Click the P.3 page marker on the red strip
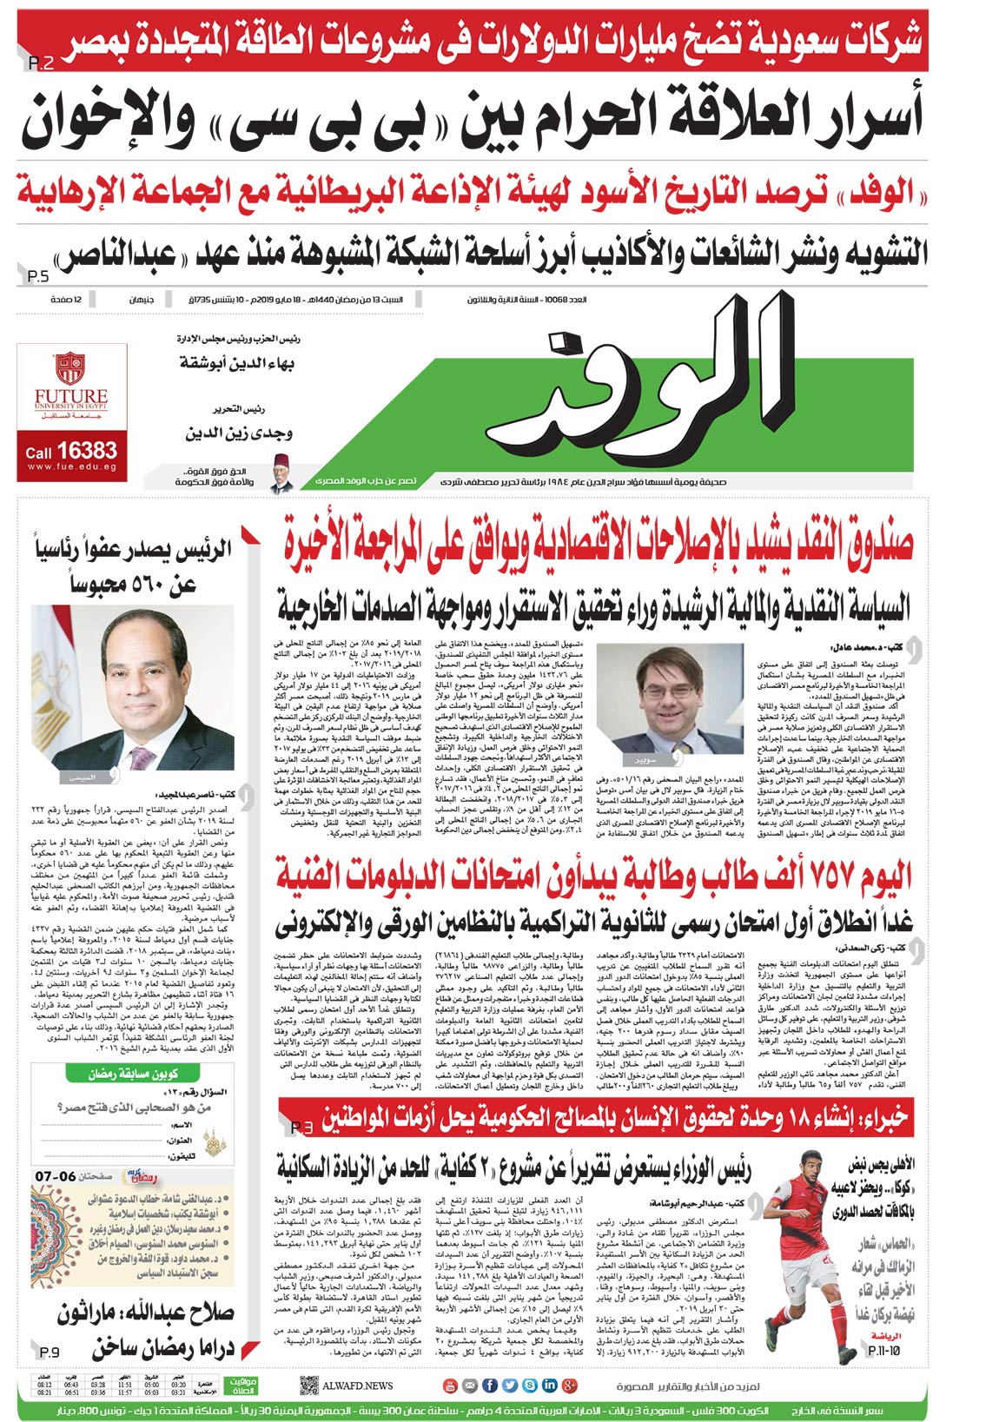tap(301, 1128)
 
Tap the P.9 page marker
tap(49, 1353)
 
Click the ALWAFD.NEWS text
tap(357, 1386)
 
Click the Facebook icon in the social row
tap(489, 1386)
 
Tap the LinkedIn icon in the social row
tap(550, 1386)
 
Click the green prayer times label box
tap(241, 1386)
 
